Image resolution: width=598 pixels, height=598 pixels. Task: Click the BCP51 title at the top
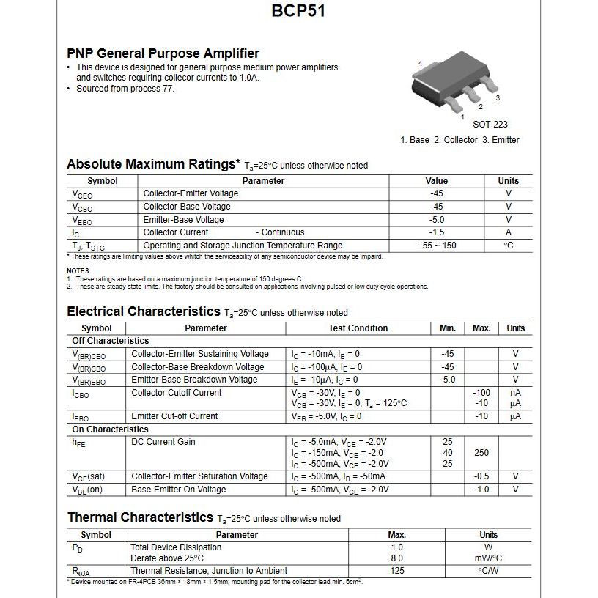[x=298, y=11]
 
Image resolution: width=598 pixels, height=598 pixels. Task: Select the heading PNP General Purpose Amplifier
[x=163, y=53]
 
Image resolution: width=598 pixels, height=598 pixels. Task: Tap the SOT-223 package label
[x=490, y=125]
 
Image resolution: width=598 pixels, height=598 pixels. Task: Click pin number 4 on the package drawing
[x=420, y=64]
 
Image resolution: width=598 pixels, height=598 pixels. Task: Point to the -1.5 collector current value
[x=437, y=232]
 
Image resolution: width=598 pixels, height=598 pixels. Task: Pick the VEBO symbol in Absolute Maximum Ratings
[x=82, y=220]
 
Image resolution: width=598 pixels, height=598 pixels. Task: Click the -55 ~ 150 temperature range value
[x=437, y=246]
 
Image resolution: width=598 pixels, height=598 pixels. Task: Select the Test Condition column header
[x=358, y=328]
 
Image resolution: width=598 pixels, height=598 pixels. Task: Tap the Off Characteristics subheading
[x=111, y=341]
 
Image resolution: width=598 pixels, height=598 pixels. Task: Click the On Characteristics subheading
[x=110, y=429]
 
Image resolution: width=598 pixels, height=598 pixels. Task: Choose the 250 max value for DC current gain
[x=481, y=453]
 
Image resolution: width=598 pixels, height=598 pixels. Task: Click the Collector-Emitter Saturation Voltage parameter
[x=199, y=476]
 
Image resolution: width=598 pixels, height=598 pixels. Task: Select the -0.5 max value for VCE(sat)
[x=481, y=476]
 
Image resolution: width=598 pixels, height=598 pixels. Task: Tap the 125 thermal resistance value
[x=397, y=571]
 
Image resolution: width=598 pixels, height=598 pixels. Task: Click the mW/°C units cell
[x=488, y=558]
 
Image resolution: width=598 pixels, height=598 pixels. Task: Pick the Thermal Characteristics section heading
[x=140, y=517]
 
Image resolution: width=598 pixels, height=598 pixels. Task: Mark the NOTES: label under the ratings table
[x=78, y=271]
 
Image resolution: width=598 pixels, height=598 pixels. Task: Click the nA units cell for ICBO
[x=515, y=393]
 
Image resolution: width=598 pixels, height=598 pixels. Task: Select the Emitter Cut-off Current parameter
[x=174, y=416]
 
